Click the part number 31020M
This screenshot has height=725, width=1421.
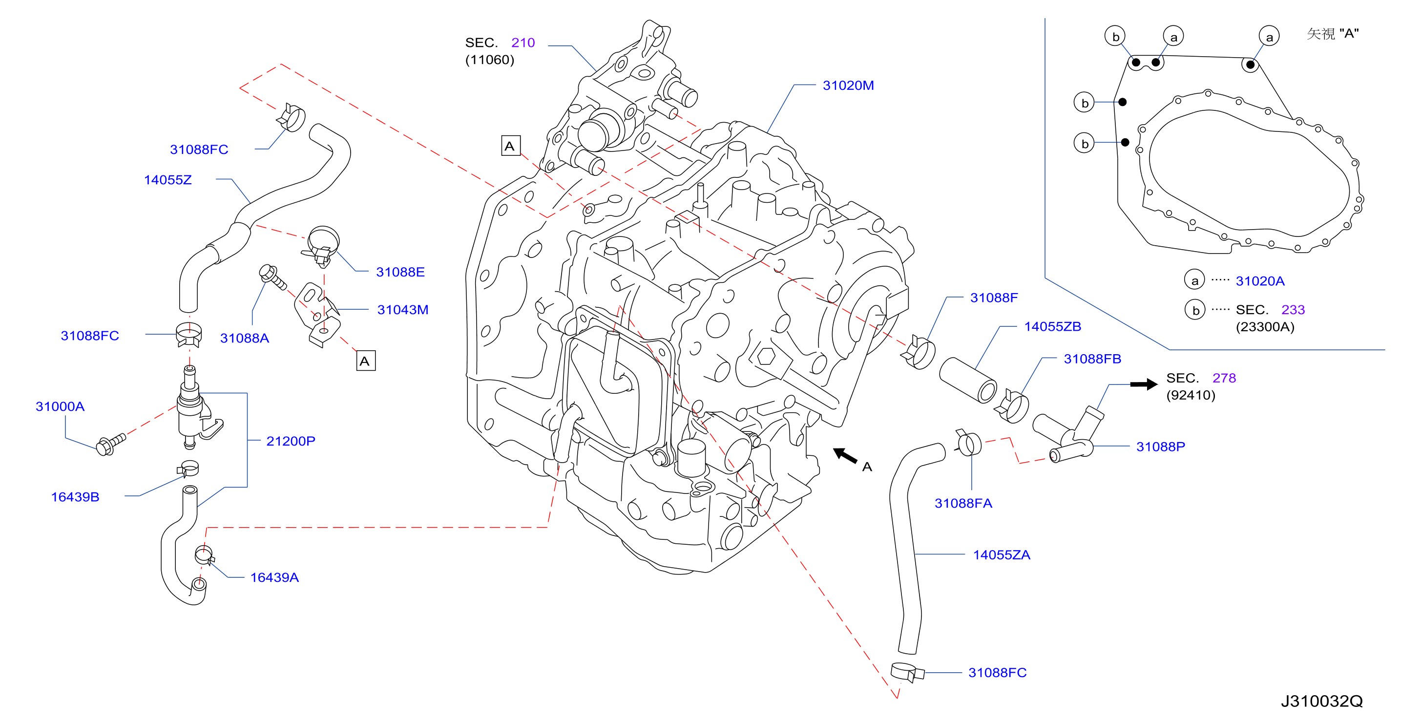point(848,85)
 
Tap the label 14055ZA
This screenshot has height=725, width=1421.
point(1001,554)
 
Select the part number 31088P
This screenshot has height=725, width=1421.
point(1160,447)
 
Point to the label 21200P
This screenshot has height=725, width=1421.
point(291,441)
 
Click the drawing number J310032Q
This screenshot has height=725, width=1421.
point(1321,701)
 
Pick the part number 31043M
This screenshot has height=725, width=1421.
point(403,310)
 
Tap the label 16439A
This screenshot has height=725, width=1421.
point(274,577)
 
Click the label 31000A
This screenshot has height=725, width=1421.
point(60,406)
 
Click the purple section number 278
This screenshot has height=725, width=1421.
point(1224,378)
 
